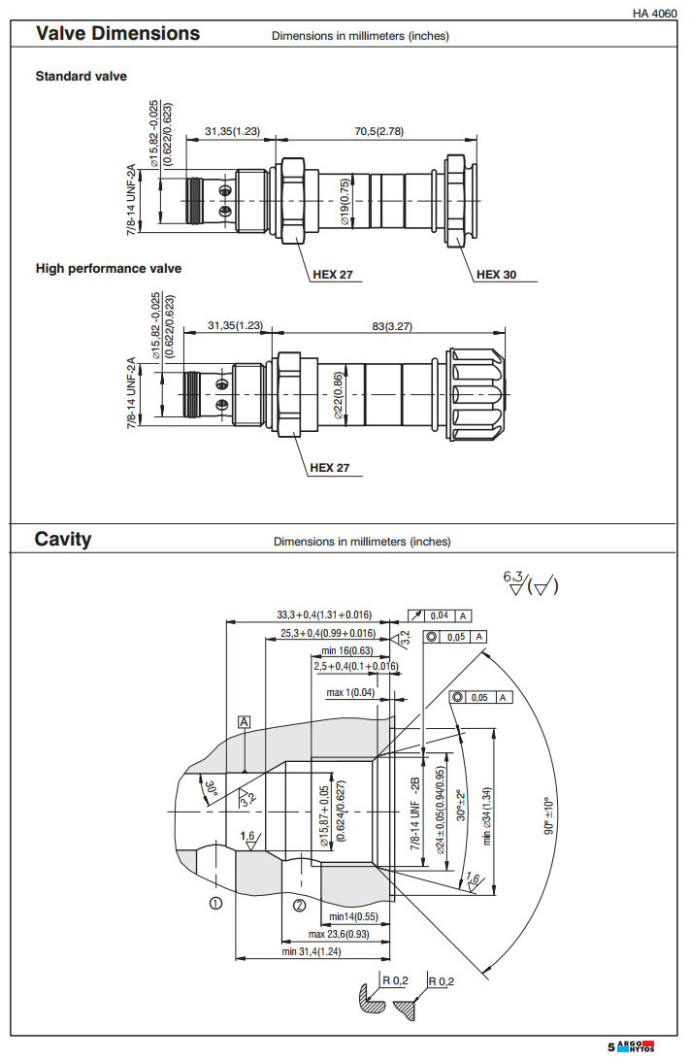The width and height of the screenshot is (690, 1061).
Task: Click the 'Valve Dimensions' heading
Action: (117, 33)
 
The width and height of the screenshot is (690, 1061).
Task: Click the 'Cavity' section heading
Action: (63, 539)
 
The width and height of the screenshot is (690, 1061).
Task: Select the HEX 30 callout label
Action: (496, 275)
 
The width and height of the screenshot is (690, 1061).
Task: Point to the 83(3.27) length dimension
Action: (384, 326)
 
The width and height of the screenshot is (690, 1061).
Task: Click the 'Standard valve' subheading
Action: (82, 76)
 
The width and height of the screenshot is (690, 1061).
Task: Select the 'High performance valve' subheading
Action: (109, 268)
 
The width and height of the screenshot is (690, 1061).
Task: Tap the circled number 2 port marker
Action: (300, 905)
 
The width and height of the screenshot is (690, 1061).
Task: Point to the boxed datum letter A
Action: (245, 722)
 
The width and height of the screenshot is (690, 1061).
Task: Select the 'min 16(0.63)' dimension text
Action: (346, 650)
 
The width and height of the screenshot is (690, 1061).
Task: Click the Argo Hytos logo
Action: (636, 1046)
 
